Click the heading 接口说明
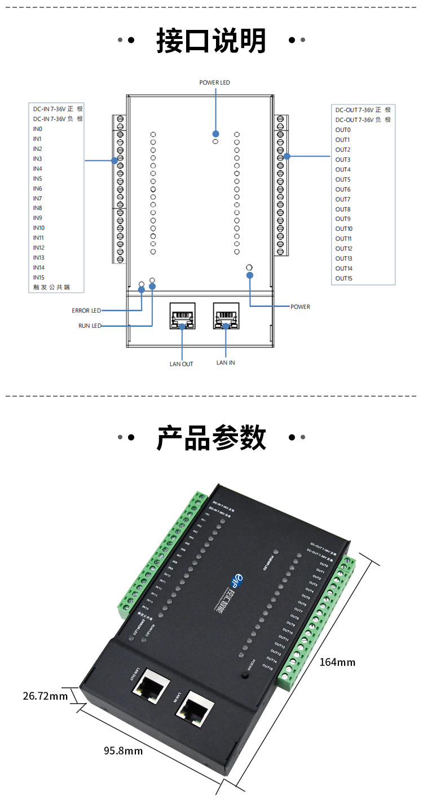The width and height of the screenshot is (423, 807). point(211,41)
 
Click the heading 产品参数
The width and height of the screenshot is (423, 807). point(211,438)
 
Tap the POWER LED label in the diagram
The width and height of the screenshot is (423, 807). point(214,82)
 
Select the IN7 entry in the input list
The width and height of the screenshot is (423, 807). point(37,199)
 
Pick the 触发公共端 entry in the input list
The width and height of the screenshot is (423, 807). point(56,287)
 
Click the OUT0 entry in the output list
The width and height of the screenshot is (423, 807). point(343,130)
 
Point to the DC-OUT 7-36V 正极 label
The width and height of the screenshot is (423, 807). point(363,110)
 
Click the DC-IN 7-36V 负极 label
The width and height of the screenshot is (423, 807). point(58,119)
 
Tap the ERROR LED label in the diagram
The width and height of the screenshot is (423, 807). point(86,310)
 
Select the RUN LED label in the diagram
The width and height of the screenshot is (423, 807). point(90,326)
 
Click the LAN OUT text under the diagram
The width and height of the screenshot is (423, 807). point(181,364)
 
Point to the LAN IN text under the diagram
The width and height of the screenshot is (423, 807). point(226,362)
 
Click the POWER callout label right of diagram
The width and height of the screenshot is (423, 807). point(300,307)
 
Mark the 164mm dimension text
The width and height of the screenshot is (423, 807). point(337,662)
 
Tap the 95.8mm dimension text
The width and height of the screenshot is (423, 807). point(123,751)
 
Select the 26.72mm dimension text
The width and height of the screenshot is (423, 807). point(45,696)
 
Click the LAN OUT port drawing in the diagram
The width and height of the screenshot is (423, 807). point(182,316)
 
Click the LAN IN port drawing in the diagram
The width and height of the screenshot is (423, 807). point(226,316)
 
